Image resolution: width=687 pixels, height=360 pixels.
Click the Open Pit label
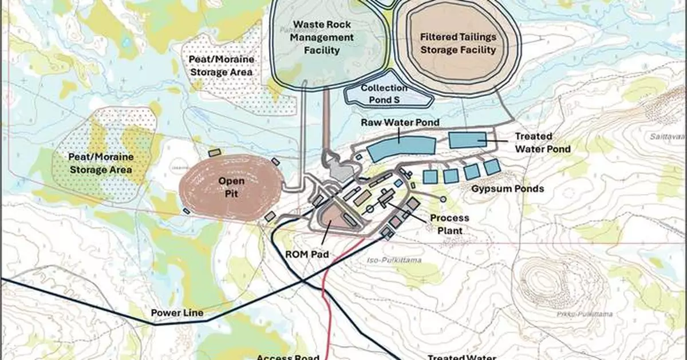click(x=232, y=187)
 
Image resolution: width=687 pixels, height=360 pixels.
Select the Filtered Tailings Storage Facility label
click(x=458, y=43)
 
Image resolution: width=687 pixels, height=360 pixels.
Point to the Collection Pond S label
click(x=384, y=94)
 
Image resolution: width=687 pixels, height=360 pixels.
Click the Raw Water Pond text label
click(x=400, y=122)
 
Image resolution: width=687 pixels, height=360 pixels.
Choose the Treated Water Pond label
click(x=533, y=143)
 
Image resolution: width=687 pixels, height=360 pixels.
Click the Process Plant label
click(x=449, y=224)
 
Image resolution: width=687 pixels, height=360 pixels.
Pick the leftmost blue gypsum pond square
click(x=431, y=176)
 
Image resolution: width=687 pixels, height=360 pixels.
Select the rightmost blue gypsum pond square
click(x=492, y=167)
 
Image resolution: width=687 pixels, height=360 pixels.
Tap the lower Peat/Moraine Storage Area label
click(x=101, y=163)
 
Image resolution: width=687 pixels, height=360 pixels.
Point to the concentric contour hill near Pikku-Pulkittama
click(x=547, y=280)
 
